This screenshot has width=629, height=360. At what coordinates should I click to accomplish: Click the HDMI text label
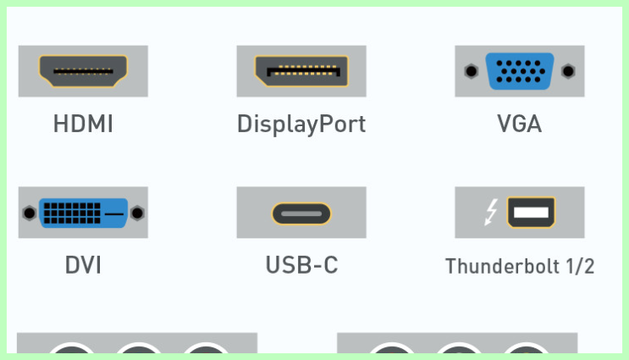point(83,123)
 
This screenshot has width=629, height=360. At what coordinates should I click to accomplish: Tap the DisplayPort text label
point(301,124)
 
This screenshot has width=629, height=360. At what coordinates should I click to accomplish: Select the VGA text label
point(520,123)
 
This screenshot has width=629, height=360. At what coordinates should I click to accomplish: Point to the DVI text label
point(83,265)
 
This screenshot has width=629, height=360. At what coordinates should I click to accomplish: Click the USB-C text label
point(301,265)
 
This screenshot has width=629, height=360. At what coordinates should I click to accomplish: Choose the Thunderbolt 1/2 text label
point(520,266)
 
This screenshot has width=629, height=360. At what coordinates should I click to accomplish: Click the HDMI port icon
point(83,71)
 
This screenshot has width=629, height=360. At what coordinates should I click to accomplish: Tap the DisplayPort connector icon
point(301,71)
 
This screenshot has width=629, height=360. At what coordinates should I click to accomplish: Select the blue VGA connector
point(520,71)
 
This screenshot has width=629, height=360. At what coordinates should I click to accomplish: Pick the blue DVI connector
point(84,213)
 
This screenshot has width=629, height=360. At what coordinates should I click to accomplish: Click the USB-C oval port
point(301,213)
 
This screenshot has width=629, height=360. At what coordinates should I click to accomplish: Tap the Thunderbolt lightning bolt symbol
point(491,212)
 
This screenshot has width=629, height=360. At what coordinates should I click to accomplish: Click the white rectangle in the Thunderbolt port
point(531,212)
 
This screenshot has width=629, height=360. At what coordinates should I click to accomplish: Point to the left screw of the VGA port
point(471,71)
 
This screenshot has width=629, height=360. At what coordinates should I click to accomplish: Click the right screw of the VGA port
point(568,71)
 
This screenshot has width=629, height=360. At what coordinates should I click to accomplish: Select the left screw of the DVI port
point(30,213)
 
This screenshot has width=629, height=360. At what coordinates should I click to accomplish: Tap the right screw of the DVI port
point(137,213)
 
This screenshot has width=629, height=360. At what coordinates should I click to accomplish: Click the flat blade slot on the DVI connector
point(114,214)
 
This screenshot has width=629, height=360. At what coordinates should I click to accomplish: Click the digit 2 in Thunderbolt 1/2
point(588,266)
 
